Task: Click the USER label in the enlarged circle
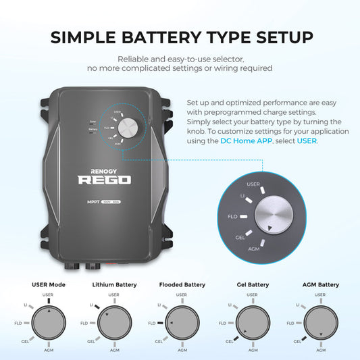tap(254, 184)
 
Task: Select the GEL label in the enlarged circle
tap(240, 238)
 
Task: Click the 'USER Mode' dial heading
tap(49, 284)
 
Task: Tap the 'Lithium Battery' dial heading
tap(113, 284)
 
